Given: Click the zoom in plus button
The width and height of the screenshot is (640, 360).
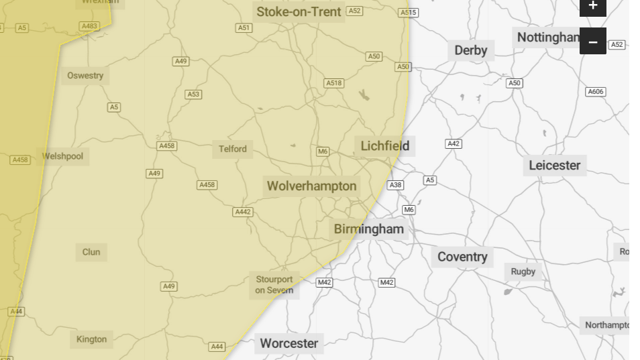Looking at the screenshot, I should coord(592,6).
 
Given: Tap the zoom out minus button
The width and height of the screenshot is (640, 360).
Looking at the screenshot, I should coord(592,42).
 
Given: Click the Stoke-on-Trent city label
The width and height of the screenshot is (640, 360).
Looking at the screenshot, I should coord(299,12).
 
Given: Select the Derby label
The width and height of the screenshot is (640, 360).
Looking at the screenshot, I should coord(470,50).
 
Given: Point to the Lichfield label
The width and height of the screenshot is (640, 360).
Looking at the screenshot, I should coord(384,146).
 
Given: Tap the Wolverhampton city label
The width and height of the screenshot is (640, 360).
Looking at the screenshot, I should coord(311,186).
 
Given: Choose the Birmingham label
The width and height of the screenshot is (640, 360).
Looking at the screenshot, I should coord(369,229).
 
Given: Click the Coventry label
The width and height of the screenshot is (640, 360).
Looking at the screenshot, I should coord(462,257).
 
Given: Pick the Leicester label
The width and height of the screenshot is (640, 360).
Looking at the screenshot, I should coord(554,165).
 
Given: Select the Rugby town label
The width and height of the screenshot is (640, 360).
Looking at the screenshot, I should coord(523,272).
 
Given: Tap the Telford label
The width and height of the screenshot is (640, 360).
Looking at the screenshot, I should coord(233,149).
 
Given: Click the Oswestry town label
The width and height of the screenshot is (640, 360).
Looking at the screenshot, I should coord(85,76).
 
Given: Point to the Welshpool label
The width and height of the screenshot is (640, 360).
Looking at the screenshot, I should coord(62,156).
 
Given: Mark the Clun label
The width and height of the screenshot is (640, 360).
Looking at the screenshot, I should coord(91,252).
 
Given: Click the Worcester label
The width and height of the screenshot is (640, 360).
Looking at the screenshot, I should coord(288,343).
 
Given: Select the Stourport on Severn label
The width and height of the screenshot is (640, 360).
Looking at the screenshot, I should coord(274,285).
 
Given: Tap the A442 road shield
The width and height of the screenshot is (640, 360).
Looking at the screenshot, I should coord(242,212).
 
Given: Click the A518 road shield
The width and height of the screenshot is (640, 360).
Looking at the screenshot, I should coord(333,83).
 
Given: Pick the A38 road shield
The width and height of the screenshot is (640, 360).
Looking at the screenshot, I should coord(395,185).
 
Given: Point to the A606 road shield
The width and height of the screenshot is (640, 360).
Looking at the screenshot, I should coord(595,92).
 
